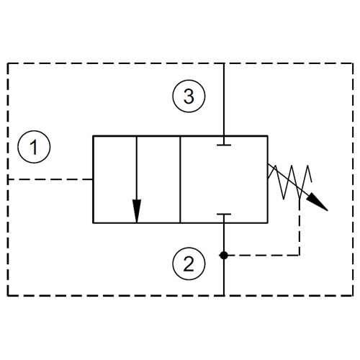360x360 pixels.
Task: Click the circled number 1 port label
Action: point(34,147)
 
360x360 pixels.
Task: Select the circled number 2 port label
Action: point(189,264)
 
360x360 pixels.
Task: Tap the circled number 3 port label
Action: point(189,96)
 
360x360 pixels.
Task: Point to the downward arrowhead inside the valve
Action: point(137,211)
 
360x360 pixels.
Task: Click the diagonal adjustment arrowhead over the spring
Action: point(318,202)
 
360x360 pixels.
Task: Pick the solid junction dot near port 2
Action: point(224,256)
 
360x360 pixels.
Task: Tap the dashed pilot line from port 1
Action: point(50,179)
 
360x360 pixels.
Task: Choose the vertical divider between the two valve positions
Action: point(180,179)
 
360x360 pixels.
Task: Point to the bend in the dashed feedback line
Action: point(299,255)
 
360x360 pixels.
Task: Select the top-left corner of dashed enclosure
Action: point(8,63)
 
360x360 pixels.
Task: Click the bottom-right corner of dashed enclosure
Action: point(353,295)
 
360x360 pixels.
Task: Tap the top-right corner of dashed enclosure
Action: point(353,63)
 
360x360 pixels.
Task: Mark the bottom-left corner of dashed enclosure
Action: point(8,295)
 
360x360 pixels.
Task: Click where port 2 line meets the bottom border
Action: point(224,295)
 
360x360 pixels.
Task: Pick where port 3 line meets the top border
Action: point(224,63)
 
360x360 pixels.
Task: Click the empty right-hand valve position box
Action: point(224,179)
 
